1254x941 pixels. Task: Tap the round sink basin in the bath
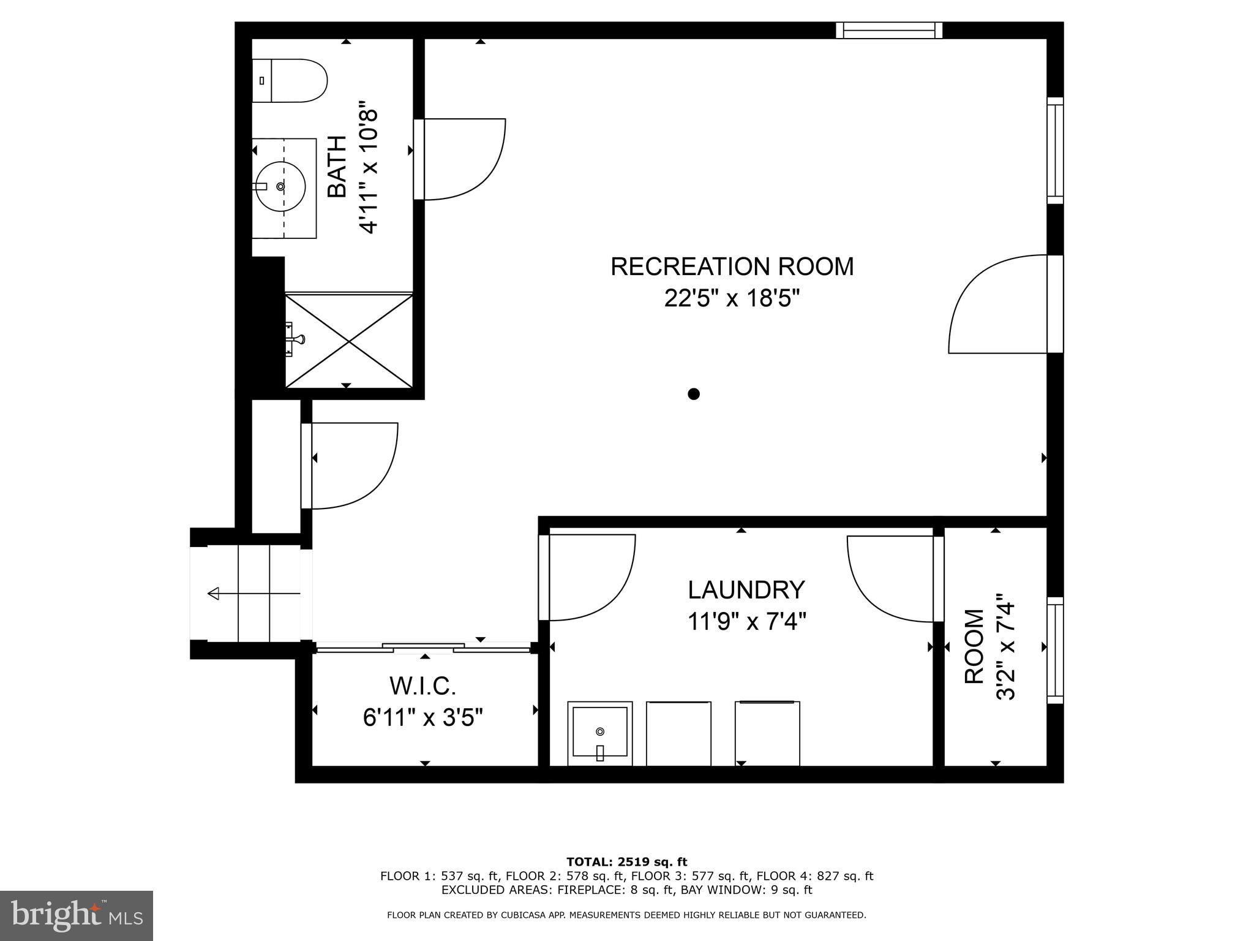tap(280, 186)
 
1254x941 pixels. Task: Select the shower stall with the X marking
tap(349, 341)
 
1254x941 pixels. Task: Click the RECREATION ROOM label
tap(732, 266)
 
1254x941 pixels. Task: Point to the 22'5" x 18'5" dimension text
tap(732, 299)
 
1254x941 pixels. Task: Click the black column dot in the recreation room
tap(693, 394)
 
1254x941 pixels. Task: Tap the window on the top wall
tap(889, 30)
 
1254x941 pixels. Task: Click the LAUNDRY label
tap(746, 590)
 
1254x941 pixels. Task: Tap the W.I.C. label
tap(423, 686)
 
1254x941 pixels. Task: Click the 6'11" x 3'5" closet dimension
tap(423, 717)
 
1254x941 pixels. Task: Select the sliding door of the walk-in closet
tap(423, 647)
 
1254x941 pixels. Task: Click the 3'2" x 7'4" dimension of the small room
tap(1006, 647)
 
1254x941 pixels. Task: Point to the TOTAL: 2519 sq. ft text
tap(626, 862)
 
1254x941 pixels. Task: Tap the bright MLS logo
tap(77, 915)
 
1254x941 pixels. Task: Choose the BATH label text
tap(337, 166)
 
